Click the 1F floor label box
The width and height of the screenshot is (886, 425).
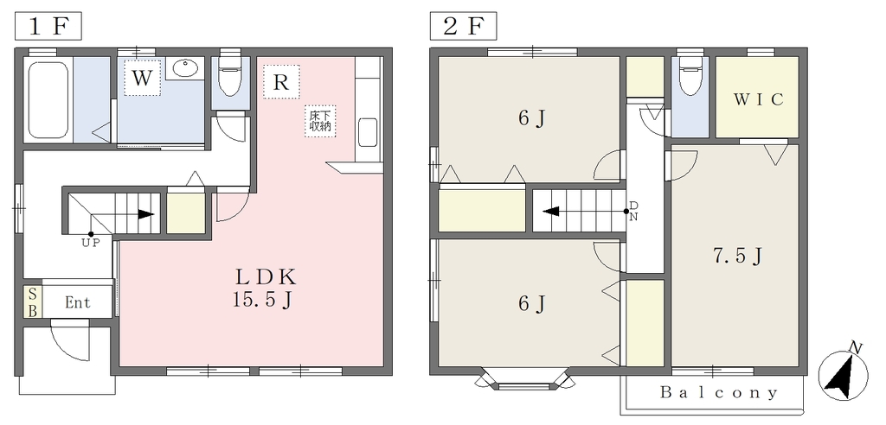click(x=48, y=27)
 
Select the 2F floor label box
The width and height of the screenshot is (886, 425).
click(x=464, y=27)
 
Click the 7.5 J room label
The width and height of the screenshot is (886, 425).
click(x=738, y=257)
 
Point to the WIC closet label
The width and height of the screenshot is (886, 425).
click(x=759, y=100)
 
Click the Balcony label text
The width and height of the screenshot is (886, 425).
click(x=719, y=392)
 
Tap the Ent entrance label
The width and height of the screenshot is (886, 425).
click(x=77, y=302)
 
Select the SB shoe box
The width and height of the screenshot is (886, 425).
click(x=32, y=302)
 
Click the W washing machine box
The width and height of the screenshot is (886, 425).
click(x=143, y=78)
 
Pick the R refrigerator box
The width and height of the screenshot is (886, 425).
click(x=281, y=82)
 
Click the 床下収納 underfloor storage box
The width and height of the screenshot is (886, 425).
click(x=320, y=121)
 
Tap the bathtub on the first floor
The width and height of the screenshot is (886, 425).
click(x=48, y=99)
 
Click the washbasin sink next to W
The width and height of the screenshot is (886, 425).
click(x=184, y=69)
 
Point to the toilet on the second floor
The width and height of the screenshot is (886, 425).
click(x=690, y=74)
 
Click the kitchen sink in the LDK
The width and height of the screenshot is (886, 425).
click(x=368, y=133)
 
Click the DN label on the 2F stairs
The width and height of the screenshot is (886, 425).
click(x=633, y=211)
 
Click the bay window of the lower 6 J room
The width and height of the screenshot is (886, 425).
click(x=525, y=379)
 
